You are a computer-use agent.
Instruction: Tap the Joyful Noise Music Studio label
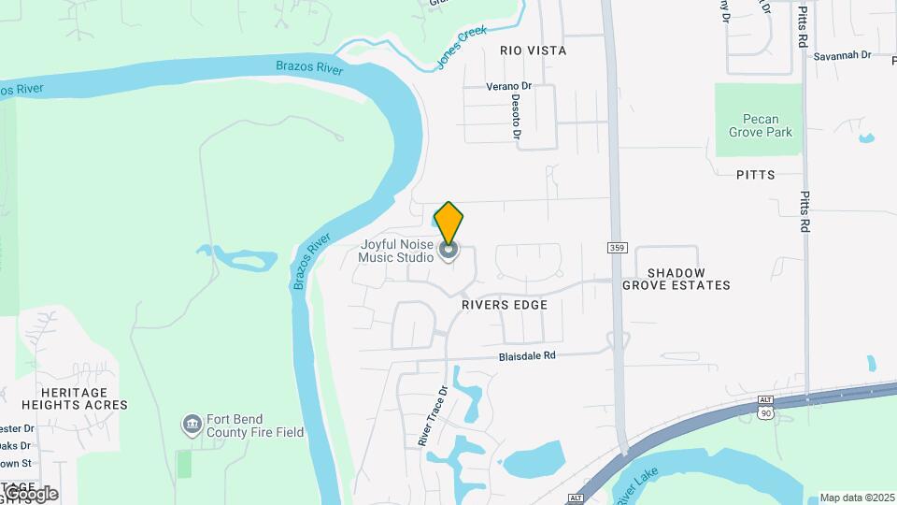point(397,251)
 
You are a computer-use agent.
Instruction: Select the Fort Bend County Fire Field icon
point(192,426)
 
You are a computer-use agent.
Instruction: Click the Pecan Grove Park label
point(761,125)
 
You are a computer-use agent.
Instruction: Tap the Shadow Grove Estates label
point(676,279)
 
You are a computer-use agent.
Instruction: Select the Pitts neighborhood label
point(755,174)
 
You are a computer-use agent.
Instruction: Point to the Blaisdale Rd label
point(527,355)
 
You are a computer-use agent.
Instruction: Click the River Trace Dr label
point(434,414)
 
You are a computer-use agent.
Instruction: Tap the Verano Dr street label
point(508,86)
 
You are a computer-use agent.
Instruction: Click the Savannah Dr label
point(841,55)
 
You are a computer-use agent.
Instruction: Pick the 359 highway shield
point(617,248)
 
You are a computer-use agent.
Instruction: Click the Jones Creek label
point(462,48)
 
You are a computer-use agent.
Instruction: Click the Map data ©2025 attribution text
point(856,498)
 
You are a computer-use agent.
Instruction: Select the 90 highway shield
point(766,412)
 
